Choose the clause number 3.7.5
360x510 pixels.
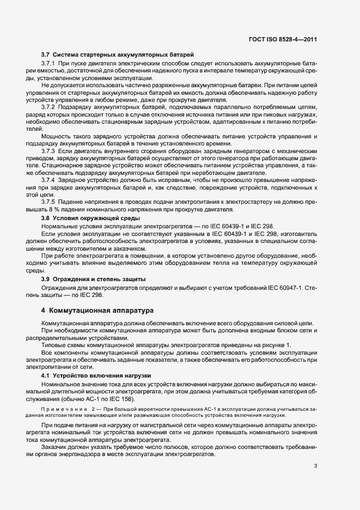tap(49, 200)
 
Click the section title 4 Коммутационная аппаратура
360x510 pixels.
tap(98, 311)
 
